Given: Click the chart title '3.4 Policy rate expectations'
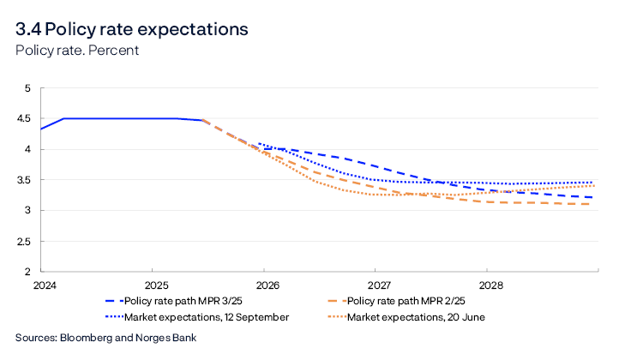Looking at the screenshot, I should click(131, 28).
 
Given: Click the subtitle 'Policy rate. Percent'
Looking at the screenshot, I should click(77, 50).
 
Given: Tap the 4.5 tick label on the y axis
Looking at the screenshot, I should click(23, 119).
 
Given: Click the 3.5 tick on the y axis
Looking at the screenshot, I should click(23, 180).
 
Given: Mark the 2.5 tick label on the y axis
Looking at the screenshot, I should click(23, 242).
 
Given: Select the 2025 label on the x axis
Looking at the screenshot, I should click(155, 285).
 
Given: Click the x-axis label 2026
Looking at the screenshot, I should click(267, 285).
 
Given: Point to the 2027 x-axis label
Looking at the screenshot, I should click(378, 285).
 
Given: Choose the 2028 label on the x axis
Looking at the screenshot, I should click(490, 285).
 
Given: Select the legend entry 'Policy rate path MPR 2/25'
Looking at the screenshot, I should click(412, 301).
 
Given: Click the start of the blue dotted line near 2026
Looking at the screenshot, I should click(259, 144).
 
